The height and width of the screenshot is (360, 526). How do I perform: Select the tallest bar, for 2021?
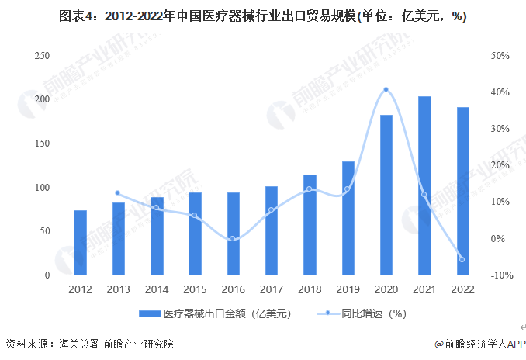point(424,186)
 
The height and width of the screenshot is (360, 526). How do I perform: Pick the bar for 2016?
point(233,234)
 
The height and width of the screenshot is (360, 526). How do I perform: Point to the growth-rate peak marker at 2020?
point(386,90)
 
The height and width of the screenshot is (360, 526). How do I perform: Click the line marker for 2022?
point(462,259)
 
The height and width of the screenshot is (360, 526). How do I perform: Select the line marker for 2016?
point(233,239)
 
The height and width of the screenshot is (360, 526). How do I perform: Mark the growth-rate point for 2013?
point(118,193)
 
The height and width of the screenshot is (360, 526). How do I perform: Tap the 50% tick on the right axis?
point(500,56)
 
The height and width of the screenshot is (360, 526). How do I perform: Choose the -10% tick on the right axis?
point(500,275)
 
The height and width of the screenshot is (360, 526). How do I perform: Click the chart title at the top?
point(263,16)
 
